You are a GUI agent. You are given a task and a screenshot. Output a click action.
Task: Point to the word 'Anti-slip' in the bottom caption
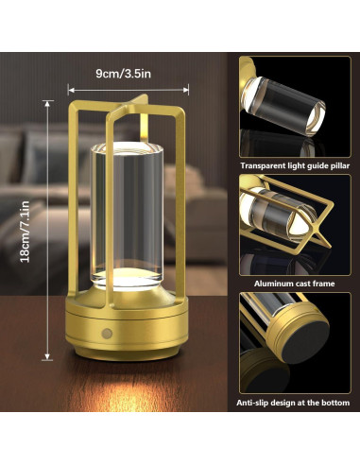pyautogui.click(x=255, y=403)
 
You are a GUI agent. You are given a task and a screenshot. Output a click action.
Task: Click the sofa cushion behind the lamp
pyautogui.click(x=47, y=170)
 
